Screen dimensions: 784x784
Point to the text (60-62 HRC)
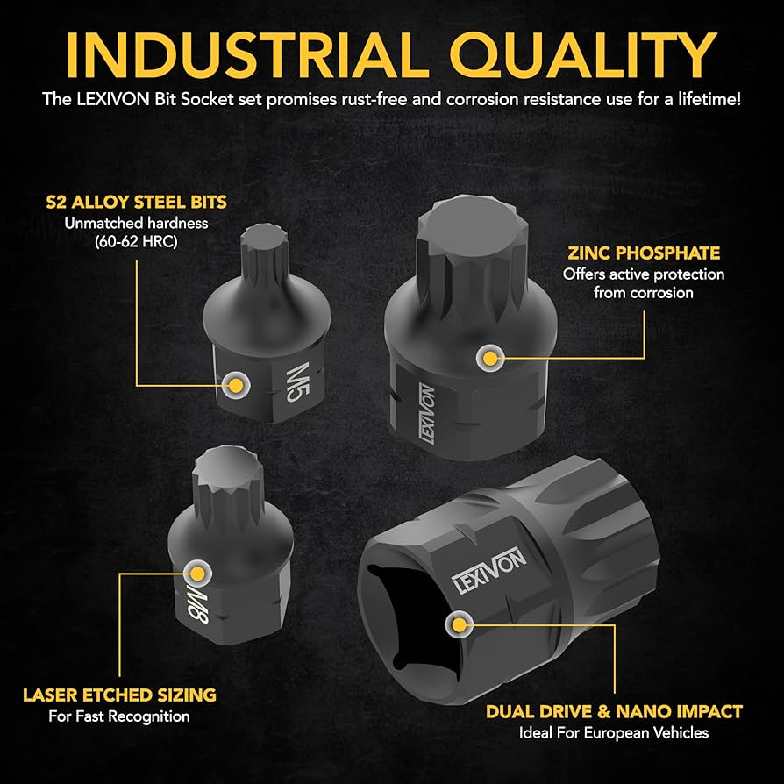pos(133,241)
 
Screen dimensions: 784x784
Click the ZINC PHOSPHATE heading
pos(644,253)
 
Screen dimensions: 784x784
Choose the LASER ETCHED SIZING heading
pos(119,695)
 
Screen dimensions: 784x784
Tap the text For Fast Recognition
pos(119,716)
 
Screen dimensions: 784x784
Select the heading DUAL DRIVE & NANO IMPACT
pos(614,711)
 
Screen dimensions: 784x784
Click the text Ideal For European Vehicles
pos(614,732)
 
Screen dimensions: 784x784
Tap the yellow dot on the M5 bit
pos(234,382)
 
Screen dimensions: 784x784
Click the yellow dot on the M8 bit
pos(198,574)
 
